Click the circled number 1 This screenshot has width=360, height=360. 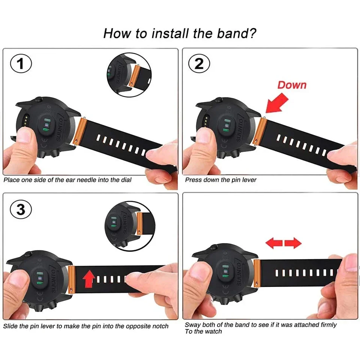pyautogui.click(x=21, y=64)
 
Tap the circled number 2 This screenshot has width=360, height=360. pyautogui.click(x=199, y=64)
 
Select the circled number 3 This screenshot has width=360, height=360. pyautogui.click(x=21, y=209)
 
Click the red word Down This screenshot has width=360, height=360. pyautogui.click(x=292, y=85)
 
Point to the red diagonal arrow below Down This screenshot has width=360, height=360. pyautogui.click(x=277, y=103)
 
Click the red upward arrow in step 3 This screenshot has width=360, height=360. pyautogui.click(x=89, y=279)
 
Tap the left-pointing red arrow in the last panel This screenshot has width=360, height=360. pyautogui.click(x=274, y=243)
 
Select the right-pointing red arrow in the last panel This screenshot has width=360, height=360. pyautogui.click(x=293, y=243)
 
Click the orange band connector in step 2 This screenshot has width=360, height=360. pyautogui.click(x=260, y=131)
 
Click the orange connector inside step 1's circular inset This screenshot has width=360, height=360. pyautogui.click(x=134, y=75)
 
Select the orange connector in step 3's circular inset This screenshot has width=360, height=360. pyautogui.click(x=139, y=223)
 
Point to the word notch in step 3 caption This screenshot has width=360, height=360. pyautogui.click(x=160, y=326)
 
